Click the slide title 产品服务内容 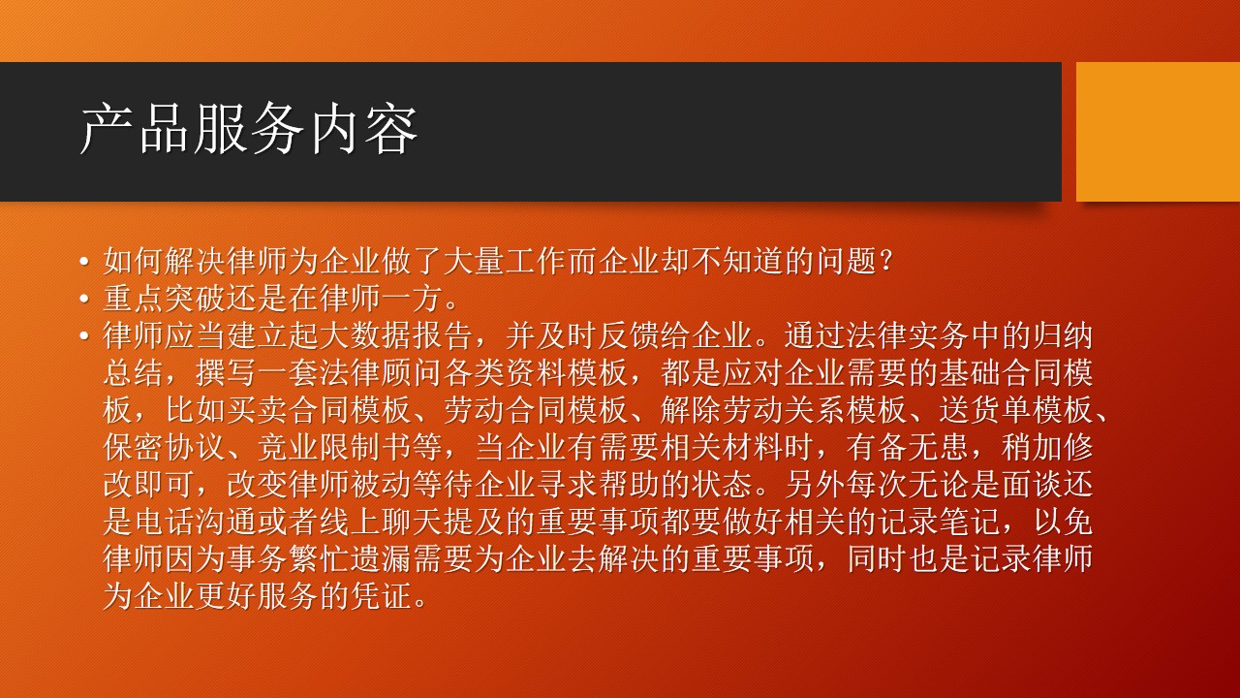[249, 130]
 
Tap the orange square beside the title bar [1158, 132]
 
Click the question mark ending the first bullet [885, 261]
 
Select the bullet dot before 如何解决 [84, 262]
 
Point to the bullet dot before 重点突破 [84, 300]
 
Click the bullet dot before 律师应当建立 [84, 336]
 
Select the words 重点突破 [165, 299]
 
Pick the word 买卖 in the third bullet [258, 410]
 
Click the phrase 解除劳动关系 [753, 410]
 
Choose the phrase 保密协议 [165, 448]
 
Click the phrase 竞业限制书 [335, 448]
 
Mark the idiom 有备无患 [907, 448]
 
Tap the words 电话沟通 [196, 523]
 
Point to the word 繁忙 [320, 559]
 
